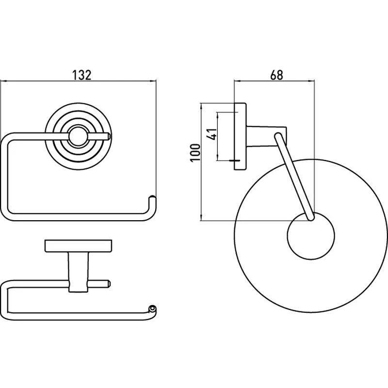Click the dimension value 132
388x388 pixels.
[x=81, y=75]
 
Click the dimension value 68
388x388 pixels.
[x=276, y=75]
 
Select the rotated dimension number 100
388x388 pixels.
[x=195, y=153]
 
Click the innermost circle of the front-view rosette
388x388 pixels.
[x=78, y=137]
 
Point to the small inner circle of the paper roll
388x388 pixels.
[x=311, y=236]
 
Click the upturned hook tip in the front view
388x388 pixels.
[x=152, y=198]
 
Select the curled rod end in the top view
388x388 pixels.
[x=152, y=309]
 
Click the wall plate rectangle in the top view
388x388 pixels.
[x=78, y=246]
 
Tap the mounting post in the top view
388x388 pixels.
[x=78, y=272]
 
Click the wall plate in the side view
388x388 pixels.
[x=240, y=136]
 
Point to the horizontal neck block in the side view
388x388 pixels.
[x=266, y=136]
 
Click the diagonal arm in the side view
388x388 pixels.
[x=295, y=177]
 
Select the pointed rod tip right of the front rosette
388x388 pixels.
[x=108, y=136]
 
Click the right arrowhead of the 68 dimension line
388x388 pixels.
[x=312, y=81]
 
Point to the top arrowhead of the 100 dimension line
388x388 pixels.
[x=202, y=106]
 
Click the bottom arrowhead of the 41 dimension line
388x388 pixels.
[x=217, y=157]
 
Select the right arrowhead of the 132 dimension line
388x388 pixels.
[x=153, y=81]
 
